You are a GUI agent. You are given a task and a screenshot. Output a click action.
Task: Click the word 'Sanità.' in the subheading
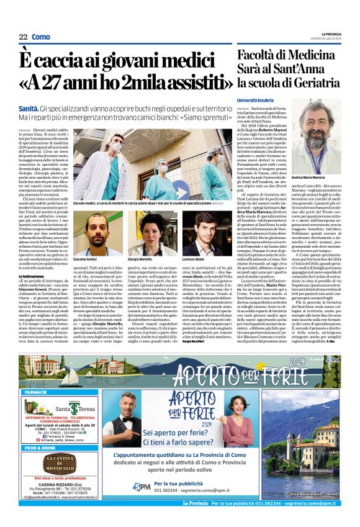(30, 109)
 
